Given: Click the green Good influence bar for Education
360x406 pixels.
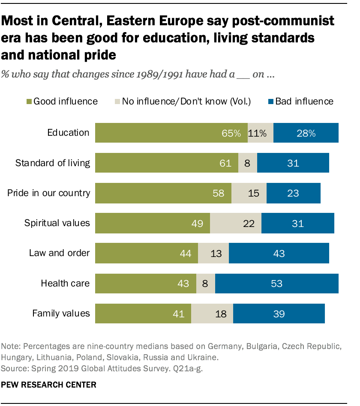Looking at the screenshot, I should click(171, 133).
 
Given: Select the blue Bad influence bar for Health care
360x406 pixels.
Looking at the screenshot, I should click(276, 283).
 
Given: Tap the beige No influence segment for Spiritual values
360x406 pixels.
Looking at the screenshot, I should click(235, 223).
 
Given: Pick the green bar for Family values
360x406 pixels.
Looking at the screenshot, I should click(143, 313).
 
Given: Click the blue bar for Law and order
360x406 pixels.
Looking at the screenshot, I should click(279, 253).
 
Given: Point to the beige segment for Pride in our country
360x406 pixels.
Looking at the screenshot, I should click(249, 193).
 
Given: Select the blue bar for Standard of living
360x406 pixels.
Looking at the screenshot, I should click(293, 163).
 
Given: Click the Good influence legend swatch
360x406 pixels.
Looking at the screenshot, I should click(29, 101).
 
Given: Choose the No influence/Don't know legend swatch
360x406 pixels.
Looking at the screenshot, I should click(117, 101).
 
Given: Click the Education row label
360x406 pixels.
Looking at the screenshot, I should click(68, 133).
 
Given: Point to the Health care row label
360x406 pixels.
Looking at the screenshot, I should click(65, 283).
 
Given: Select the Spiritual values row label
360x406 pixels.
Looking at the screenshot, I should click(57, 223).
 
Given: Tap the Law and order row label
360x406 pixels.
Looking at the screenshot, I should click(59, 253).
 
